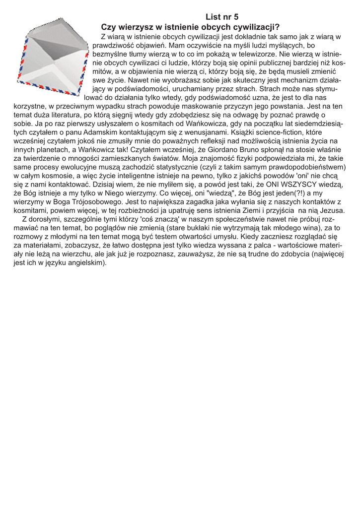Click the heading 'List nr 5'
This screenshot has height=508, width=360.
pyautogui.click(x=222, y=17)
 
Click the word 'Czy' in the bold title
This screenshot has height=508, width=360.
pyautogui.click(x=109, y=27)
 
